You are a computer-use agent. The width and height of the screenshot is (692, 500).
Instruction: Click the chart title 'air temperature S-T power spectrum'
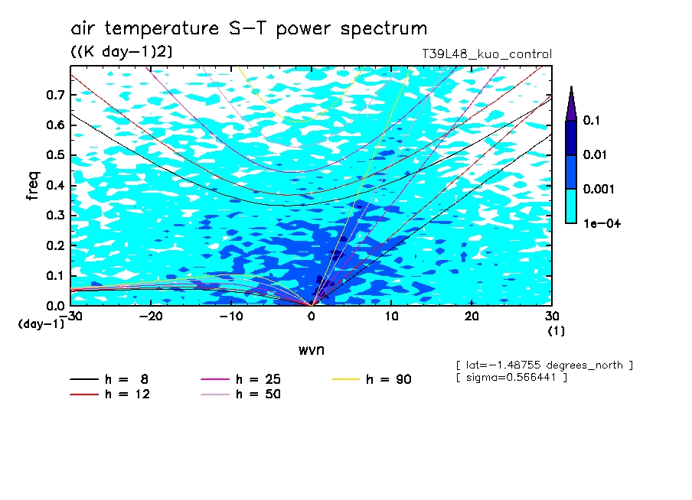click(249, 28)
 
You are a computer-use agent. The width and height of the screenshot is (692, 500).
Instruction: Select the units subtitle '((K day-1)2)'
click(122, 51)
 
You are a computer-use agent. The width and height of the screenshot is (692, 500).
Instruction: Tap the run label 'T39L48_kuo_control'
click(487, 54)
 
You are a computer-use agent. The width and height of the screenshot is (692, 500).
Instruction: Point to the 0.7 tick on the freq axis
click(55, 95)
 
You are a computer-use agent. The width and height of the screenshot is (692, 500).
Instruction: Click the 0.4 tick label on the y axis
click(55, 185)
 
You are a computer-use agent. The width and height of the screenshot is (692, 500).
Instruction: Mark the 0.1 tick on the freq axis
click(55, 275)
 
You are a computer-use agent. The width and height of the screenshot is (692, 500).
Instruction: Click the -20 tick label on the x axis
click(151, 317)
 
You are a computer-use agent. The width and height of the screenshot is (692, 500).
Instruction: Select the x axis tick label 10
click(391, 317)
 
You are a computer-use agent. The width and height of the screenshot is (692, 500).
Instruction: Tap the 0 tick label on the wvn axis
click(312, 317)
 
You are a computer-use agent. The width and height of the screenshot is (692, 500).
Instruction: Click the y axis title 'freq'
click(33, 186)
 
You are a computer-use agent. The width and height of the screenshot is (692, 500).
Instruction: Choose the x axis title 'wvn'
click(312, 350)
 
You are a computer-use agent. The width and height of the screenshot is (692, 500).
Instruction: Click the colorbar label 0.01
click(595, 154)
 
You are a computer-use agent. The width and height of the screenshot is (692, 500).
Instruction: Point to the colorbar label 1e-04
click(602, 223)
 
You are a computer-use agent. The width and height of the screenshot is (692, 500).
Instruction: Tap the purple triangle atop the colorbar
click(571, 104)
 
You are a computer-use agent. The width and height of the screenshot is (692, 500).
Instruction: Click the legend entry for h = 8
click(109, 379)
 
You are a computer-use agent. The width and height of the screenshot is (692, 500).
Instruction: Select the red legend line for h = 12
click(84, 394)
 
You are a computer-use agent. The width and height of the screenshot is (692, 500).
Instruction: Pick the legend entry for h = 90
click(371, 379)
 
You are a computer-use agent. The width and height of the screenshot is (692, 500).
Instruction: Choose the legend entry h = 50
click(241, 394)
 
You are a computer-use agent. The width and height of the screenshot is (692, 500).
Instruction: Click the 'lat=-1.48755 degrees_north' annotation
click(544, 365)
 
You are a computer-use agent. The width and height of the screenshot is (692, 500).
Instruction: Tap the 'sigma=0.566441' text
click(511, 378)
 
